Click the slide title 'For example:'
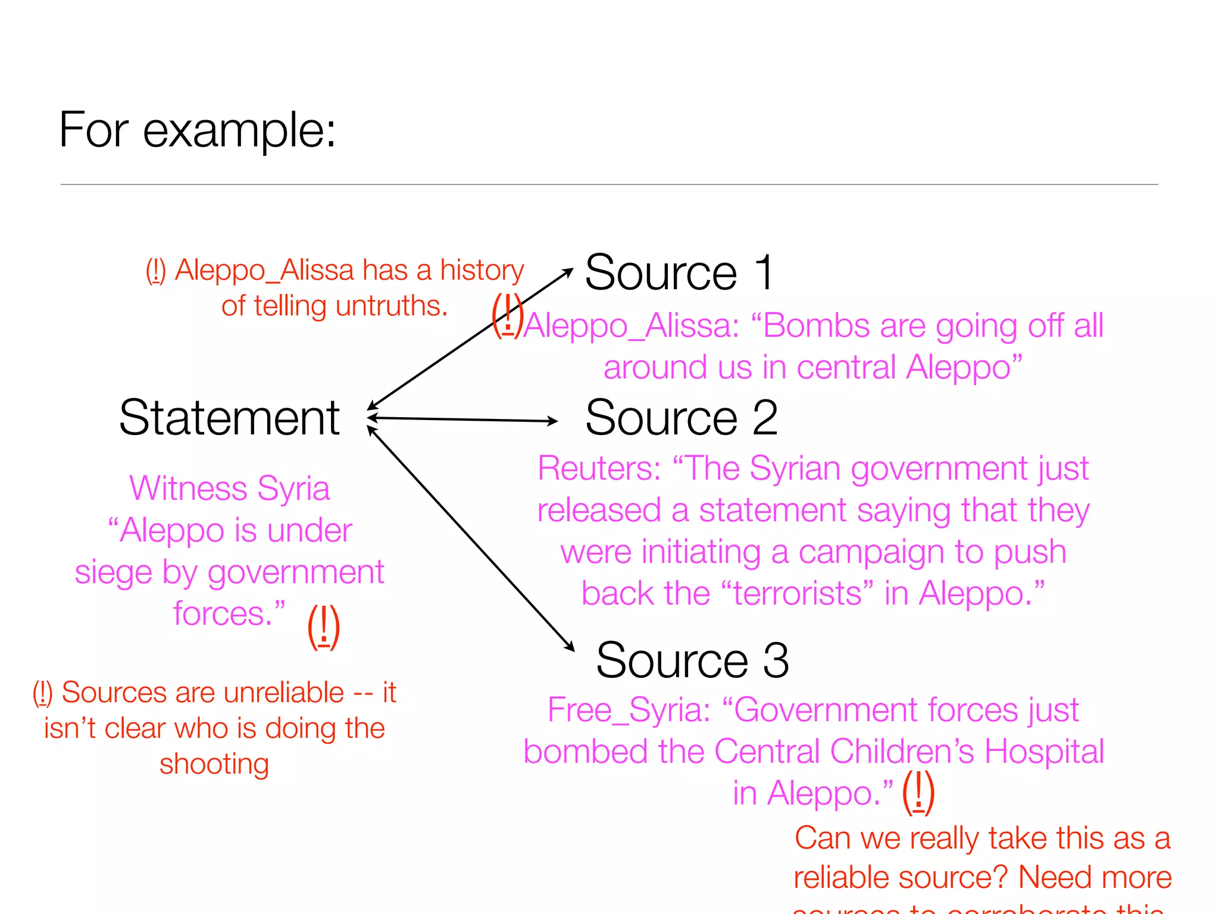197,130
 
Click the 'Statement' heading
229,418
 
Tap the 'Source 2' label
681,418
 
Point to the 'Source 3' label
692,660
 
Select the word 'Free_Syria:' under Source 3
629,710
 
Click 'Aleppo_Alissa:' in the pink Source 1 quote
632,326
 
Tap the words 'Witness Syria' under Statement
229,489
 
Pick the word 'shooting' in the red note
214,764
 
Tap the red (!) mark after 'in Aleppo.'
918,792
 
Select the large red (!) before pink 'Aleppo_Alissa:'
507,315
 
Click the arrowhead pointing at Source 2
552,421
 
